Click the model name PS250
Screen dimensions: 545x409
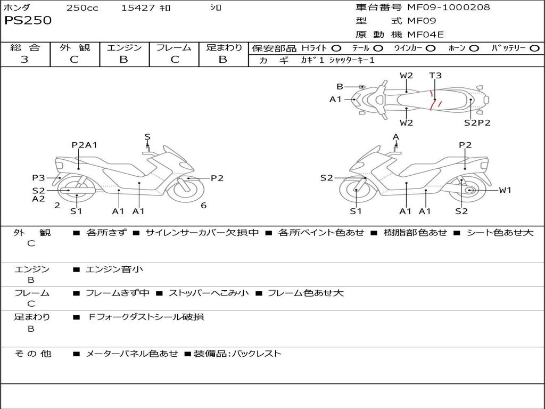tap(28, 21)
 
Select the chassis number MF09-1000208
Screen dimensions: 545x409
tap(448, 7)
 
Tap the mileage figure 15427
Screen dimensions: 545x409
tap(138, 8)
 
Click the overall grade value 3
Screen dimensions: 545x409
tap(24, 60)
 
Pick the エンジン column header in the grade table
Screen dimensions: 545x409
tap(124, 47)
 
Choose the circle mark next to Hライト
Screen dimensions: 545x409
tap(336, 48)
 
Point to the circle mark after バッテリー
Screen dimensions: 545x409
tap(534, 48)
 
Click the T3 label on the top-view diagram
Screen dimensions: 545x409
tap(435, 76)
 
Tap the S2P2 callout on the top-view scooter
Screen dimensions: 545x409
tap(477, 122)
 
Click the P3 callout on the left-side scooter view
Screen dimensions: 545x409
tap(38, 178)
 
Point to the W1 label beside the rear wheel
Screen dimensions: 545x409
tap(505, 190)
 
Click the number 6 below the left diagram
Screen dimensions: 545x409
tap(203, 206)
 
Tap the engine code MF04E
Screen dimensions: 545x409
tap(425, 35)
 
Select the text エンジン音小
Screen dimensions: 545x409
tap(114, 269)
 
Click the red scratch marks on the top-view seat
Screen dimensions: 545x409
tap(435, 100)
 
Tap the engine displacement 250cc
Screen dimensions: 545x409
tap(82, 8)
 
